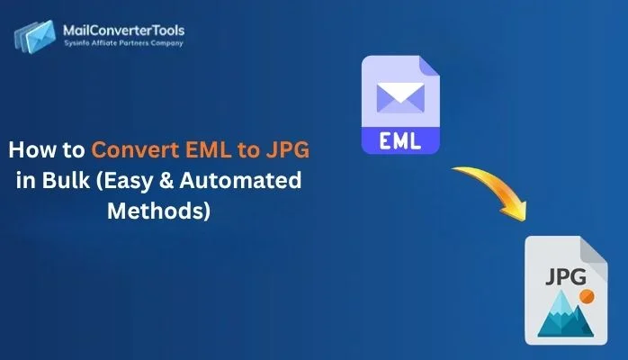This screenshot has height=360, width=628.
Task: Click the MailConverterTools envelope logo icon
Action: click(33, 35)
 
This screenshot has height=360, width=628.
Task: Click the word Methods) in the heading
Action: click(157, 211)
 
